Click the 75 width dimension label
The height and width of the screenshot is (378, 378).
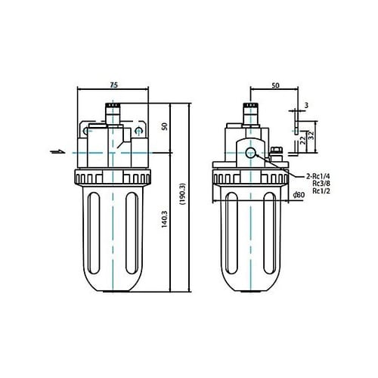114,85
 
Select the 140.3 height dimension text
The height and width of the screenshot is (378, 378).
164,219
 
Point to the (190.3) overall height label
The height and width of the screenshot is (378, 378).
183,194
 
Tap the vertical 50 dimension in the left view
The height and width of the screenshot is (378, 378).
165,126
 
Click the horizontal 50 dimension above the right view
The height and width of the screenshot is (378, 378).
275,85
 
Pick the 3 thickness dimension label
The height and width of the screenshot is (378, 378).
306,105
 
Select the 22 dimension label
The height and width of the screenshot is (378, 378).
304,139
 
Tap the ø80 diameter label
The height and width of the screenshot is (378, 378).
299,195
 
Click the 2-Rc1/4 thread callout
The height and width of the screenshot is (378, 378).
318,176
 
